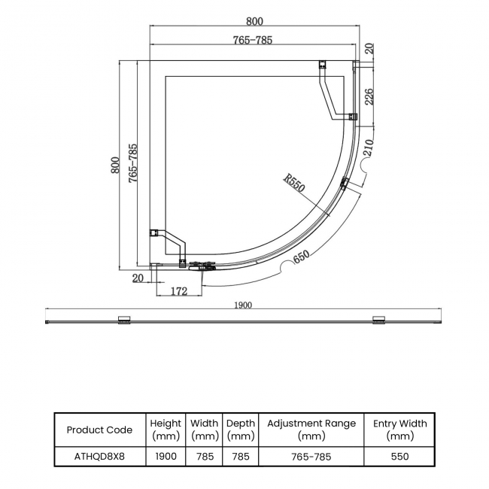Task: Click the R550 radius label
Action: [294, 184]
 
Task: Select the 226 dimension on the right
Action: [369, 96]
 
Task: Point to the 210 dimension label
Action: [368, 147]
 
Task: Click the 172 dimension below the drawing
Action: [178, 291]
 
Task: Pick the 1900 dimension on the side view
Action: [242, 305]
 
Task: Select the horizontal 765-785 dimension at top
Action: [252, 40]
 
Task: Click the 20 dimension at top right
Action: [369, 50]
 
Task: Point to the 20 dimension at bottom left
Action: [138, 278]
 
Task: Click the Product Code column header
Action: [99, 430]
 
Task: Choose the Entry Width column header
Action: [399, 430]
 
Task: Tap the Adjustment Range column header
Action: [311, 430]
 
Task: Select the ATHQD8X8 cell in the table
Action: [99, 457]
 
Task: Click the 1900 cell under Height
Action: [166, 457]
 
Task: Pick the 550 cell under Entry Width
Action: [399, 457]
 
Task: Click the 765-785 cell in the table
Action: [311, 457]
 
